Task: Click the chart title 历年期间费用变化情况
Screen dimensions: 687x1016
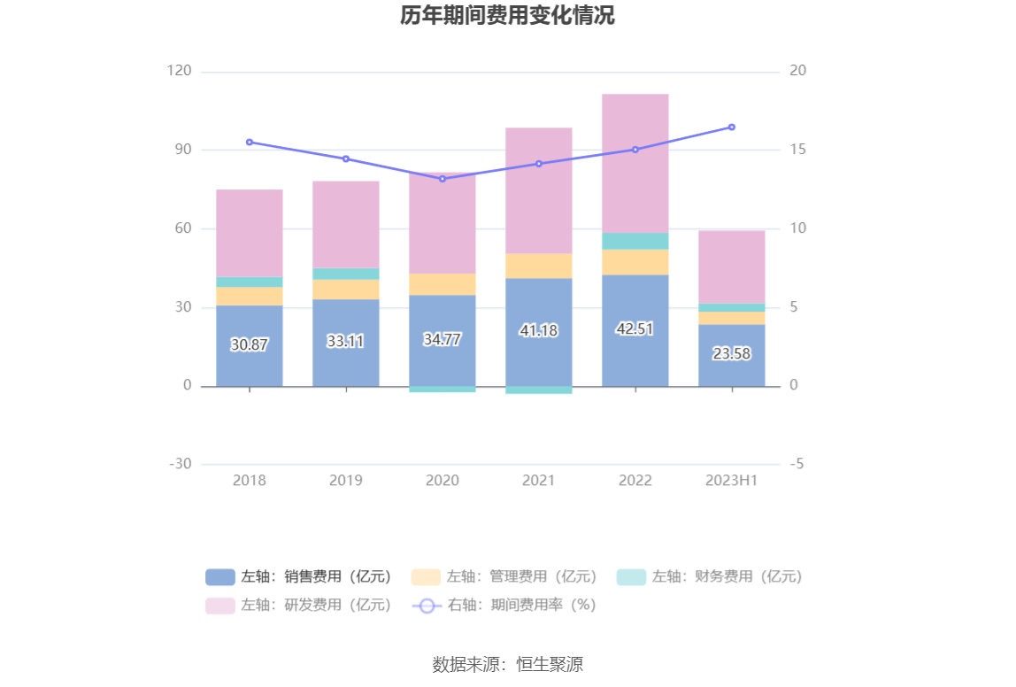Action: (507, 16)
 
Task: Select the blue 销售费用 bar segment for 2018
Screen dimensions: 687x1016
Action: (250, 363)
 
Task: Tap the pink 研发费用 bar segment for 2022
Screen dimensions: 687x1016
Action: (635, 164)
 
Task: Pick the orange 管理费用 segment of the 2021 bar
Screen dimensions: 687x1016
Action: (538, 266)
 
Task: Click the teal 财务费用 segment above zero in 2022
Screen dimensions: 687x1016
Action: (635, 241)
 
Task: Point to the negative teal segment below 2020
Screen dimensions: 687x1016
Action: (442, 390)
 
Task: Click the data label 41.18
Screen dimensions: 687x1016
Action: (538, 330)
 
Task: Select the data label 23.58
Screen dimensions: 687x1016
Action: (732, 353)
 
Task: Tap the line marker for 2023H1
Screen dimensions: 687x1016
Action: (732, 127)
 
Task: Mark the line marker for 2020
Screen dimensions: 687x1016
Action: (442, 179)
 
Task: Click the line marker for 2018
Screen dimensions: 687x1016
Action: (250, 142)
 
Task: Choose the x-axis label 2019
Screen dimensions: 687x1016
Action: (346, 481)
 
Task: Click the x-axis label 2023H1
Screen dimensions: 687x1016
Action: (732, 481)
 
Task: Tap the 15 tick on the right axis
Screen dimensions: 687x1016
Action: (797, 150)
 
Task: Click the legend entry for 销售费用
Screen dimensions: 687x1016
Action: (299, 577)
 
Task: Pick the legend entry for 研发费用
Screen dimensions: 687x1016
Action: (299, 606)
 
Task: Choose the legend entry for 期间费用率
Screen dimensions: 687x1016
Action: (504, 606)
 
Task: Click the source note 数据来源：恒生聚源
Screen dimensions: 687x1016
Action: (507, 665)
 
